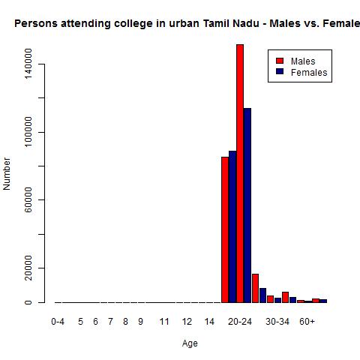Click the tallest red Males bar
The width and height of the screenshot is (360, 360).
[240, 172]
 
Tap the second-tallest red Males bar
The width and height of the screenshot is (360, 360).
[225, 229]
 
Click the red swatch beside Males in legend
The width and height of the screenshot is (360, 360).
[280, 61]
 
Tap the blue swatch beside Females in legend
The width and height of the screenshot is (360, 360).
[280, 72]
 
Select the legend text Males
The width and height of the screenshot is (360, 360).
[302, 61]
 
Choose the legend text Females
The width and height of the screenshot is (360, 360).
[309, 73]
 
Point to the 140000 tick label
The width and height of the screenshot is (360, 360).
[28, 65]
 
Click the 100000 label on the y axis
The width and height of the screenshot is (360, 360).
[28, 133]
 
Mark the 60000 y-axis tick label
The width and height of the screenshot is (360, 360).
[28, 200]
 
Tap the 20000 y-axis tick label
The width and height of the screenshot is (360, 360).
[28, 268]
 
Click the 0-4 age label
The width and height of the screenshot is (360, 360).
[58, 322]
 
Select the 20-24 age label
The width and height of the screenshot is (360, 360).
[240, 322]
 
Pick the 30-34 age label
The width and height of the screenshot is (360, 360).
[277, 322]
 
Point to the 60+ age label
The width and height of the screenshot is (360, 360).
[307, 322]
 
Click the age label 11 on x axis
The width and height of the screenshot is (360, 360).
[164, 322]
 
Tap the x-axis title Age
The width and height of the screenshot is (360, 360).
[190, 343]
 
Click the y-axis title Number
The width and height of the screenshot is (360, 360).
[7, 173]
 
